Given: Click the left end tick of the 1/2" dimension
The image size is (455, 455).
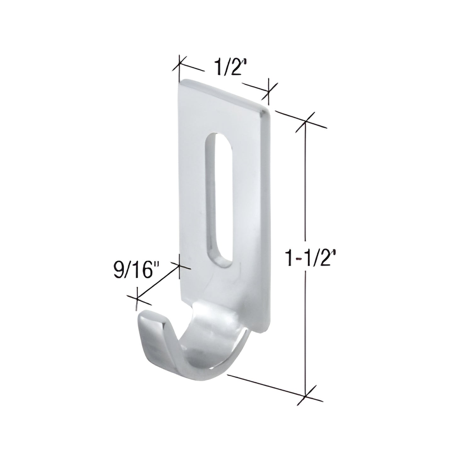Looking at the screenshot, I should (179, 65).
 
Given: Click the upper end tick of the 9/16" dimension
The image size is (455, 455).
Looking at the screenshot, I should (179, 266).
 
